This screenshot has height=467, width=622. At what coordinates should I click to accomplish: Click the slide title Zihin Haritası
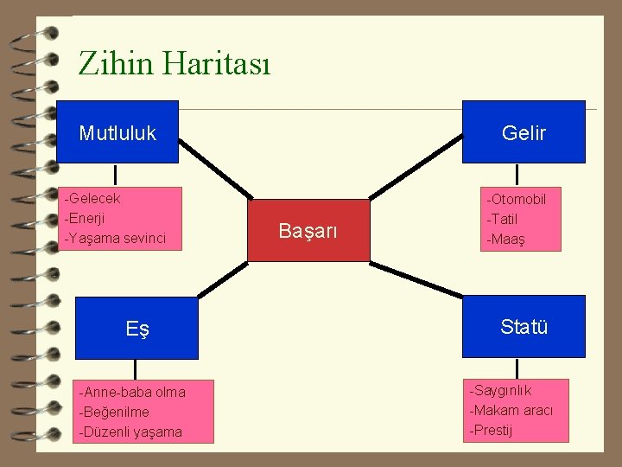(x=174, y=63)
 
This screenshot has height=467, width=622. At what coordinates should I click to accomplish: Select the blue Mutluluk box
(x=117, y=132)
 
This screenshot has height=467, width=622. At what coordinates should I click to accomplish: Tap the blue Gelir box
(x=524, y=132)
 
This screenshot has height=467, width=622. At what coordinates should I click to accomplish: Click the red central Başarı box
(x=308, y=231)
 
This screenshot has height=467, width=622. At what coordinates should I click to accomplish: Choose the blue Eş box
(x=136, y=328)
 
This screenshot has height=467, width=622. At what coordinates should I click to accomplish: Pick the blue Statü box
(x=524, y=327)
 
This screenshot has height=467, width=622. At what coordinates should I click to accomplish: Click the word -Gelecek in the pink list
(x=93, y=199)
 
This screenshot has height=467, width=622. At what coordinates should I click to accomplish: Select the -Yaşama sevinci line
(x=116, y=237)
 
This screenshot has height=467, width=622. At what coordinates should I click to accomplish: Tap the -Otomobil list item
(x=517, y=200)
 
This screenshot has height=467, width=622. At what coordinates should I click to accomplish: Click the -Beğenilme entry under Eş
(x=114, y=412)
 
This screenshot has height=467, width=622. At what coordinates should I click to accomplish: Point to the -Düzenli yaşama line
(x=130, y=432)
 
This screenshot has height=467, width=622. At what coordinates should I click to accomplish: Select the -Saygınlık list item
(x=501, y=391)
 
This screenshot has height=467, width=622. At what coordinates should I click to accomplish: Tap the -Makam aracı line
(x=511, y=411)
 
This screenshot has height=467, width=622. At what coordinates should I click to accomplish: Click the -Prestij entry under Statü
(x=492, y=430)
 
